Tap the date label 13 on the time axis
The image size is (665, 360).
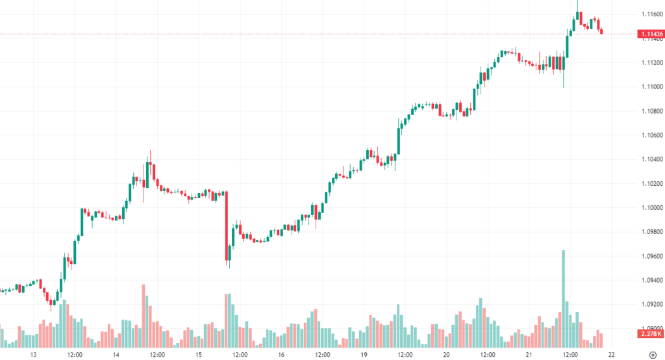pos(33,355)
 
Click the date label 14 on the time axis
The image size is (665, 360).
pos(116,355)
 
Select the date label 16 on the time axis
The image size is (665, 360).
pos(281,355)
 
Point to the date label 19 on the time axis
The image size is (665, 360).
pos(364,355)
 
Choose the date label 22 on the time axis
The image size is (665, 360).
pos(612,355)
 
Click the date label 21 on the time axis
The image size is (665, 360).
pos(529,355)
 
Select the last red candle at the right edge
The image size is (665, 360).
pos(601,30)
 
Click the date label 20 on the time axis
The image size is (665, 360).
pos(446,355)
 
